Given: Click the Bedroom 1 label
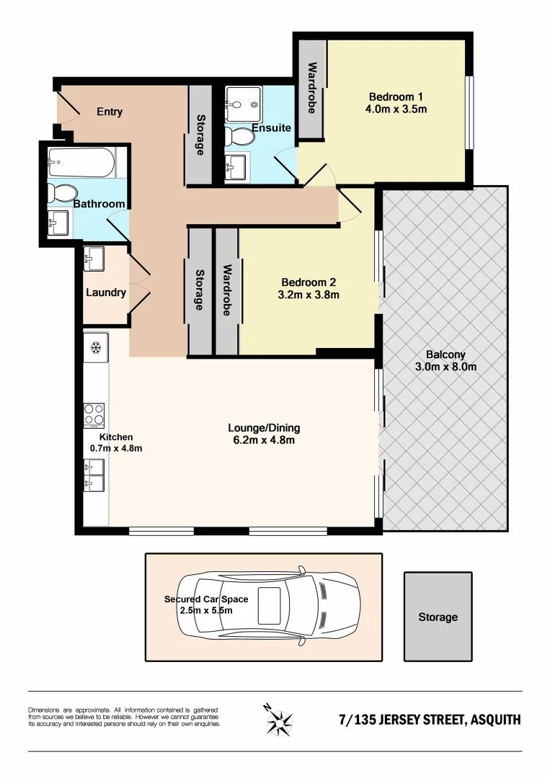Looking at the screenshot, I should point(396,97).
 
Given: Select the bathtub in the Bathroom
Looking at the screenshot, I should point(81,163).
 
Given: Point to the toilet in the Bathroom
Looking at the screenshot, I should point(62,193).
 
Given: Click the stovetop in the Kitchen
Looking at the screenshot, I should point(94,416).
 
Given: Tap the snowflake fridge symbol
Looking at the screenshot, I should point(94,348).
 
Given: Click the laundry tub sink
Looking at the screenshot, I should point(95,258).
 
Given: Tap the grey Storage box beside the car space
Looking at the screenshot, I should point(438,617).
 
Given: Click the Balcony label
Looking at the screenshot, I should point(445,354).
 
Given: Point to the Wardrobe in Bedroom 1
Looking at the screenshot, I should point(312,89).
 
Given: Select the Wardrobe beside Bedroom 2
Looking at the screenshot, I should point(227,291).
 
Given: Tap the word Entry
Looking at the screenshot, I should point(110,112).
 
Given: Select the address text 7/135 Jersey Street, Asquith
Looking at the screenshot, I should point(430,720).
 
